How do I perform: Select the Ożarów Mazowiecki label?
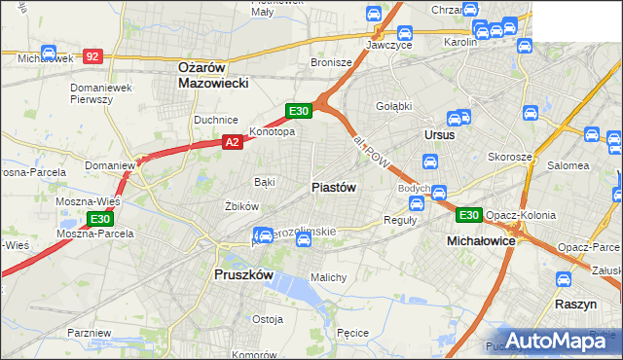coord(213,75)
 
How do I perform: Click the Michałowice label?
coord(480,239)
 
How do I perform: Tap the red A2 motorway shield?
coord(233,142)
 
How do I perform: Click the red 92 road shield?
coord(92,57)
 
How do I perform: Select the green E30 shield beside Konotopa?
coord(299,111)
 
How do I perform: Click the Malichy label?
coord(328,277)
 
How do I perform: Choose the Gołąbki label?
coord(394,105)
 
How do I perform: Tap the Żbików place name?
coord(240,206)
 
